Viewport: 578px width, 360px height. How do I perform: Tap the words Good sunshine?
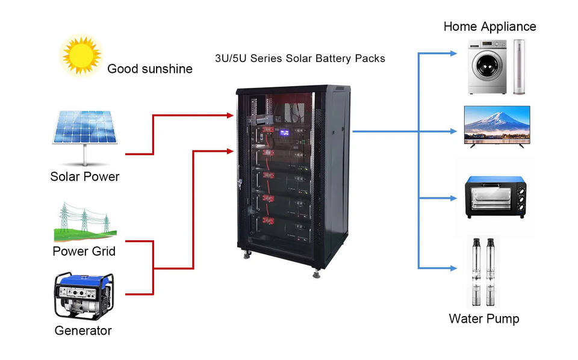click(x=149, y=69)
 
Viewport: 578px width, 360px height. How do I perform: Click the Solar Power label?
click(x=84, y=177)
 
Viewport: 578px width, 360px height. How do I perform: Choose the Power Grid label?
click(x=84, y=251)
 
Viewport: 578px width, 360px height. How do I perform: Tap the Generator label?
click(x=83, y=331)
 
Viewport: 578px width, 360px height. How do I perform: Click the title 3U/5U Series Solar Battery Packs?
click(x=300, y=59)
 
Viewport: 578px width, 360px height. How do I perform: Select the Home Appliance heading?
click(x=489, y=26)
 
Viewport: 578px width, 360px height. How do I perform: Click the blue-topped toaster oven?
click(x=497, y=197)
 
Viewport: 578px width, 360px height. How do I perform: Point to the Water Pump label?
click(x=483, y=318)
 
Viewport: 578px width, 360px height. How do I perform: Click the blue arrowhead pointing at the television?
click(x=453, y=130)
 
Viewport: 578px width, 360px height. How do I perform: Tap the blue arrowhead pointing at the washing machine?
click(x=453, y=54)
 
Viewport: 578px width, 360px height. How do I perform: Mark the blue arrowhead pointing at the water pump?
click(x=453, y=268)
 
